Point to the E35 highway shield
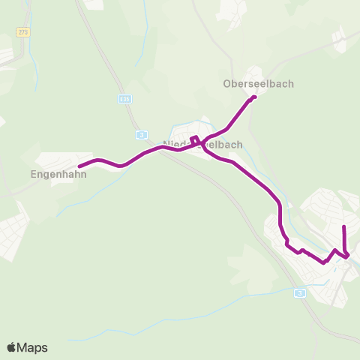tap(124, 98)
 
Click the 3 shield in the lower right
tap(300, 292)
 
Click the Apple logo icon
tap(11, 347)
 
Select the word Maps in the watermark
tap(32, 347)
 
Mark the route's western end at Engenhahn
tap(79, 166)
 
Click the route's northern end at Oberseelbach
tap(255, 97)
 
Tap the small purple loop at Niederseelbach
tap(194, 139)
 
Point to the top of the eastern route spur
tap(343, 226)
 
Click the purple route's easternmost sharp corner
tap(349, 256)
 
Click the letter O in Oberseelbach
tap(227, 83)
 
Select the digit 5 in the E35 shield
tap(128, 98)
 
